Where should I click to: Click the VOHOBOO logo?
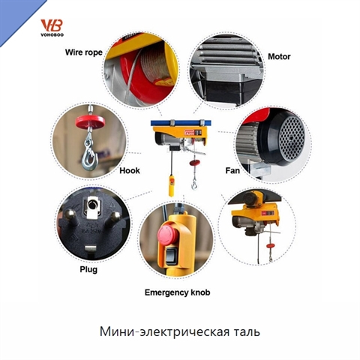[x=52, y=28]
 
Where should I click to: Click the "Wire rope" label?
[x=84, y=52]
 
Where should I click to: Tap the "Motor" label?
[x=279, y=56]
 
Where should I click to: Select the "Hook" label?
[x=130, y=170]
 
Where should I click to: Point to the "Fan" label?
[x=232, y=170]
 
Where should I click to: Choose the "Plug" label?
[x=88, y=269]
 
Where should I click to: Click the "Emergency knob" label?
[x=177, y=292]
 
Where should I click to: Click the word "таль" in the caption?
[x=247, y=331]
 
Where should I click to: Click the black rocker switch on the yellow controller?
[x=172, y=256]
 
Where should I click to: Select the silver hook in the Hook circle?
[x=89, y=151]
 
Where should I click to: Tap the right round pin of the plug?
[x=115, y=217]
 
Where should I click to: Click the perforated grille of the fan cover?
[x=292, y=137]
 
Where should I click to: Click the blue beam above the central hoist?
[x=181, y=123]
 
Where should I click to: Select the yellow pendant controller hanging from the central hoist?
[x=172, y=186]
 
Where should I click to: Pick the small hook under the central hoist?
[x=194, y=185]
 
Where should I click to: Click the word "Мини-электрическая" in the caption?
[x=165, y=331]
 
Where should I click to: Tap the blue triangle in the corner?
[x=15, y=15]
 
